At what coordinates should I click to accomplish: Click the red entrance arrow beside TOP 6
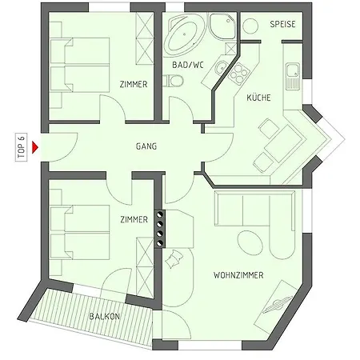[36, 146]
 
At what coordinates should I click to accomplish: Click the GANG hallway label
[146, 146]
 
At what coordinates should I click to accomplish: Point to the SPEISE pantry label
[282, 24]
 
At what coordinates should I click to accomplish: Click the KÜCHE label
[258, 97]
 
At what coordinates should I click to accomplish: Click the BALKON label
[106, 316]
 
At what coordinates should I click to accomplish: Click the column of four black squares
[159, 226]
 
